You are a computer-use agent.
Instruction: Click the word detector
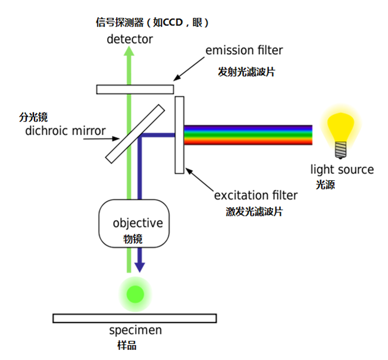pos(130,39)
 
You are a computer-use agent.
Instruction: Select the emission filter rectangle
pos(135,89)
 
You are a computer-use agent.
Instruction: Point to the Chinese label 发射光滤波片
pos(246,71)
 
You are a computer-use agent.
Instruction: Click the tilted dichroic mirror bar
pos(135,133)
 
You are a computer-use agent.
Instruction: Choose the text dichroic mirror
pos(65,130)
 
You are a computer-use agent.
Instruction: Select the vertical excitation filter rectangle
pos(179,135)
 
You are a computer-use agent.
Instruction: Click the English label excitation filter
pos(256,195)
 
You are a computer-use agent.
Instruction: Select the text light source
pos(342,170)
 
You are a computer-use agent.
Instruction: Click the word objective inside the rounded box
pos(137,223)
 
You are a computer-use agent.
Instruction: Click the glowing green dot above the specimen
pos(136,293)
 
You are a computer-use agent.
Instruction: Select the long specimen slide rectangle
pos(135,318)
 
